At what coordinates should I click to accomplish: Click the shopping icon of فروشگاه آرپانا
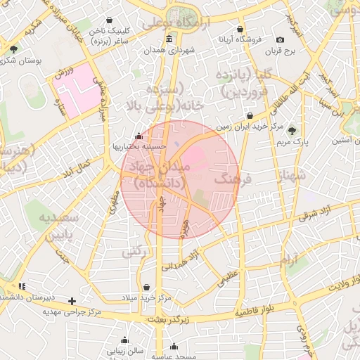click(x=240, y=30)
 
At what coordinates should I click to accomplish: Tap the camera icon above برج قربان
click(x=281, y=40)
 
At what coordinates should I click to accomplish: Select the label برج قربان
click(x=281, y=51)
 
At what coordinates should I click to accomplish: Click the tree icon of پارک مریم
click(x=292, y=131)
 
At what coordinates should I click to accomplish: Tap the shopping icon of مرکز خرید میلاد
click(x=146, y=288)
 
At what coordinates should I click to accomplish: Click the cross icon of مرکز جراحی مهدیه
click(x=72, y=301)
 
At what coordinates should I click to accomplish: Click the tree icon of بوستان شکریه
click(x=13, y=49)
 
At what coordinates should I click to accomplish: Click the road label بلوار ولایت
click(x=334, y=288)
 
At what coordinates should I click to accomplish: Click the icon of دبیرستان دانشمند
click(x=22, y=287)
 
